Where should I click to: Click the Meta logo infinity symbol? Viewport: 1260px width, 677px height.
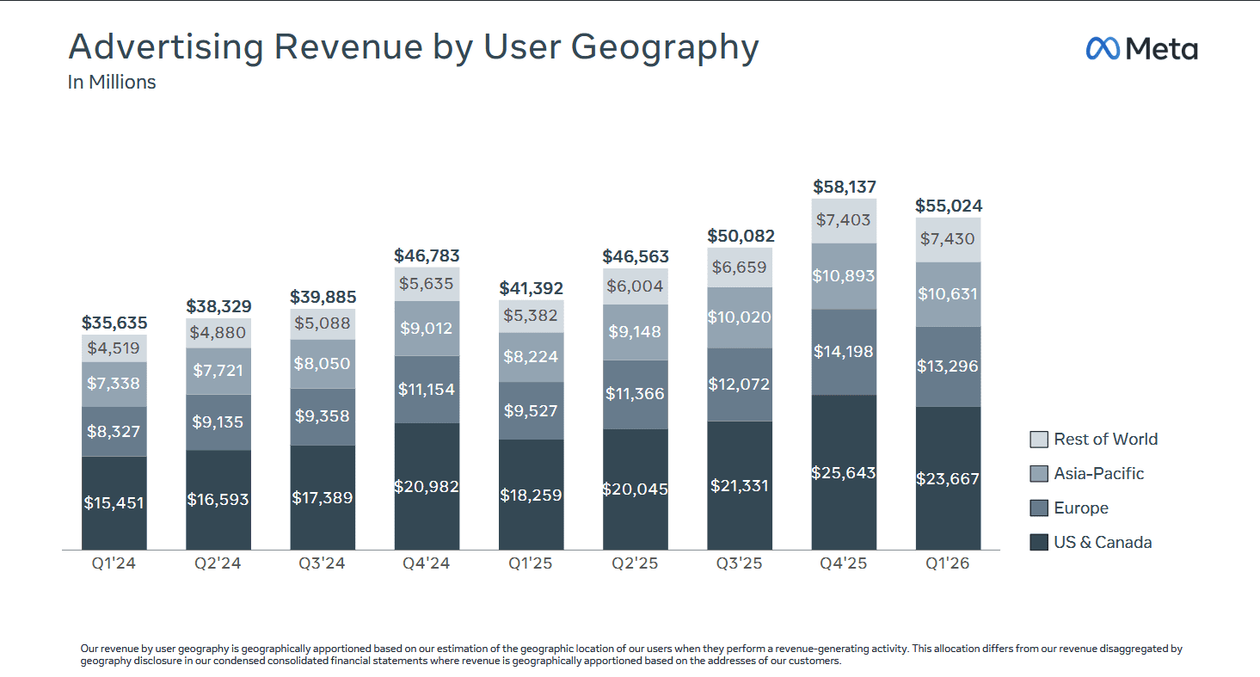1103,48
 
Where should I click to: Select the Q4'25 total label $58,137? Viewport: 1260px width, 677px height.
845,187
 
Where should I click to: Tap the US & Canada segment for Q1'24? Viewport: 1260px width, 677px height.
114,503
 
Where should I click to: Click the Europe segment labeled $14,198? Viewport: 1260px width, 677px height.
844,353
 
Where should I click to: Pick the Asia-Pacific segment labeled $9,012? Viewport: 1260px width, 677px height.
427,328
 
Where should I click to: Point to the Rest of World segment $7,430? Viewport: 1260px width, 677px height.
949,240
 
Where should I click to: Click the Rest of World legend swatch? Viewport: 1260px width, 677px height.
1039,440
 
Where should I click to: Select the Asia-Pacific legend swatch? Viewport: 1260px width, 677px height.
1039,474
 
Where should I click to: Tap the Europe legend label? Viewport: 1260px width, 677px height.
1081,508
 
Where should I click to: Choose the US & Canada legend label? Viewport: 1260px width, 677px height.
1103,543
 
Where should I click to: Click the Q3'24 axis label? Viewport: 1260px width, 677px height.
322,563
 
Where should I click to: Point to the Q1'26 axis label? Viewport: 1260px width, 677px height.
948,563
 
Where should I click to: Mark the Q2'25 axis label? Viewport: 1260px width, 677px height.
635,563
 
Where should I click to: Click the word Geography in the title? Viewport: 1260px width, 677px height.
665,47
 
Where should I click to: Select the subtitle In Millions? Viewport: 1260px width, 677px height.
111,83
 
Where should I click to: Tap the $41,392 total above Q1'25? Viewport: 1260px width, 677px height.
531,288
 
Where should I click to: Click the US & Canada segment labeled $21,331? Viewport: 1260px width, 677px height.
740,486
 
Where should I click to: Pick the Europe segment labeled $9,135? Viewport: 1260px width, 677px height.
218,422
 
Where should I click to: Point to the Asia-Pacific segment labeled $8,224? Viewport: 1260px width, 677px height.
531,357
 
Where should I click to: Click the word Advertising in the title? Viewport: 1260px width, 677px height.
166,47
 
